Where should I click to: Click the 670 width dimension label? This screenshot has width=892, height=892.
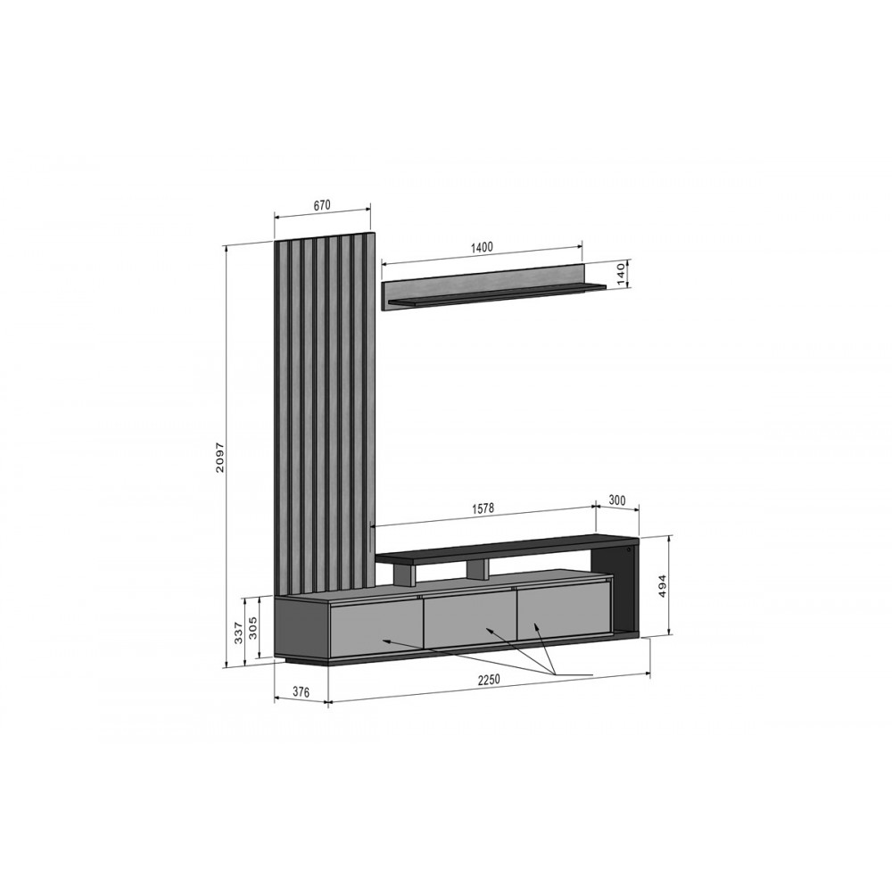coord(322,205)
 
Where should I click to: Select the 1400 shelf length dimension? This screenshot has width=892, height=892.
coord(482,247)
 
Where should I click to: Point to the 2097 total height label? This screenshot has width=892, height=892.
coord(220,457)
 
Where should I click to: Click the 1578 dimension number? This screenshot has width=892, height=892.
coord(483,509)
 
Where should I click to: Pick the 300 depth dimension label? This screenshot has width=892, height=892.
coord(616,500)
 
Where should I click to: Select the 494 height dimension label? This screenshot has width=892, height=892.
coord(662,586)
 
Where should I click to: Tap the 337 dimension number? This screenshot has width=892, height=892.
coord(238,632)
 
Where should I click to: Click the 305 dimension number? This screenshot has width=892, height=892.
coord(254,628)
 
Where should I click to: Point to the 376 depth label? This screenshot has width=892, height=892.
coord(301,692)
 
